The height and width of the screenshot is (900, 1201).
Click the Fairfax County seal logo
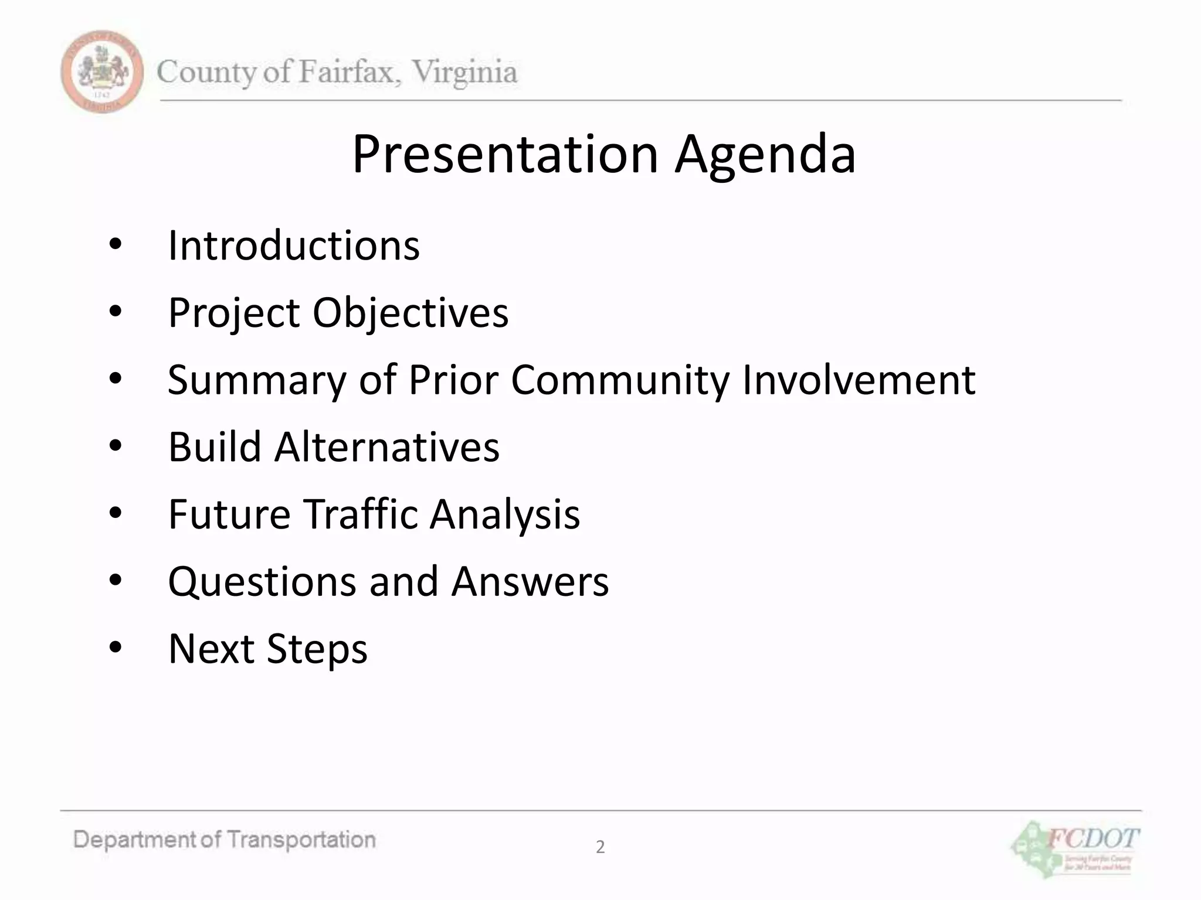tap(102, 71)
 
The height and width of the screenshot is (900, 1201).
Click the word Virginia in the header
tap(464, 73)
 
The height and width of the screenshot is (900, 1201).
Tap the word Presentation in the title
tap(505, 154)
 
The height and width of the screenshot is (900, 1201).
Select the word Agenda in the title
tap(765, 155)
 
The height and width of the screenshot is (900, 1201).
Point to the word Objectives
tap(410, 313)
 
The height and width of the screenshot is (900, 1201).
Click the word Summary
tap(257, 380)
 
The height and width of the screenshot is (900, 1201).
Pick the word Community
tap(620, 380)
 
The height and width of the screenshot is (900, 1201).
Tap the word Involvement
tap(859, 380)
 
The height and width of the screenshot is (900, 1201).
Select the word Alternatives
tap(386, 447)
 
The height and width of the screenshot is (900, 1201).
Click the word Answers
tap(530, 581)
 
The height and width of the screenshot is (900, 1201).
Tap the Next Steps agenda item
tap(267, 649)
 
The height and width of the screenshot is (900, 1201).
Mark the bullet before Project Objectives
tap(115, 312)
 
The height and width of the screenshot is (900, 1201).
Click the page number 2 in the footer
tap(600, 847)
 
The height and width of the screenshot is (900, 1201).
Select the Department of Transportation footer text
tap(225, 840)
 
